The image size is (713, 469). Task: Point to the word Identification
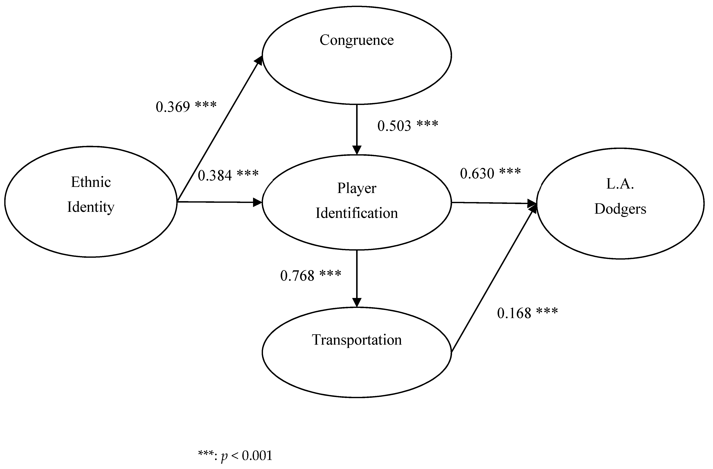(x=356, y=213)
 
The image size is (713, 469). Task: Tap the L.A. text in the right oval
(x=620, y=184)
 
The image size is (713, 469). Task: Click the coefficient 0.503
(x=394, y=126)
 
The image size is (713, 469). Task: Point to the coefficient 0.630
(x=477, y=173)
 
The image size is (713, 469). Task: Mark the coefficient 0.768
(x=297, y=276)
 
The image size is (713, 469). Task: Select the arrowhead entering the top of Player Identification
(x=356, y=150)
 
